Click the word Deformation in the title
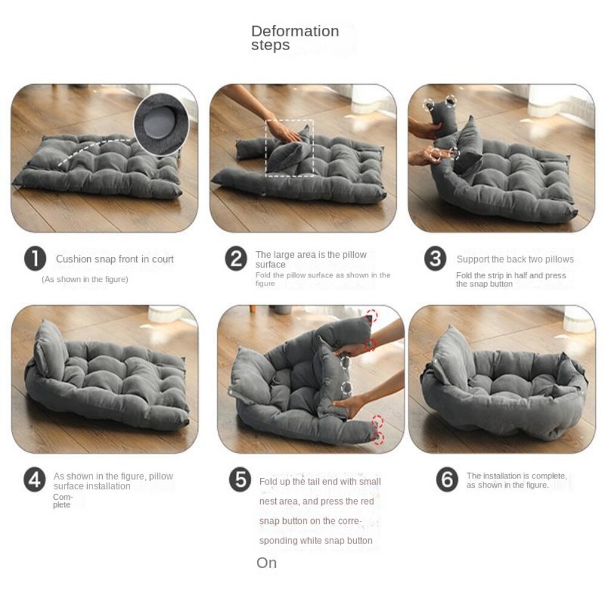click(x=295, y=31)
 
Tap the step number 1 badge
click(x=35, y=258)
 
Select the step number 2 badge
click(x=236, y=258)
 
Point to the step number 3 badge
click(x=435, y=258)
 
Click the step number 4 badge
click(x=34, y=480)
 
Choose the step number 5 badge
click(x=240, y=480)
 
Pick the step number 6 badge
click(x=447, y=480)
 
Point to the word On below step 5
click(x=267, y=563)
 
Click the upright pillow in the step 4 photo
click(x=50, y=350)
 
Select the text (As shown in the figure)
click(x=85, y=279)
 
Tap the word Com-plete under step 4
click(x=62, y=501)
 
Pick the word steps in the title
click(x=270, y=45)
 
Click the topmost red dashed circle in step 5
click(x=372, y=315)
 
